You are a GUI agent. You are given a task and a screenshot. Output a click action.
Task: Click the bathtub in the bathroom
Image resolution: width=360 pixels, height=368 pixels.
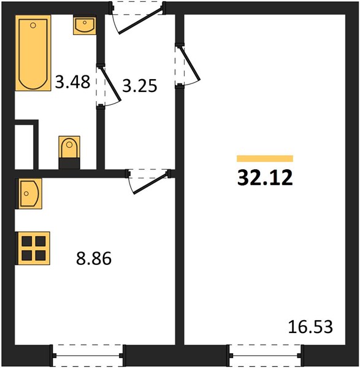(33, 53)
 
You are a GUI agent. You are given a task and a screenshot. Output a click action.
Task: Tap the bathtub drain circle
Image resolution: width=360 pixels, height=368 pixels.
(33, 25)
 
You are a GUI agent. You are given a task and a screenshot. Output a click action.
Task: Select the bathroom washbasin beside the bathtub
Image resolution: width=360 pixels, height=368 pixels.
(85, 25)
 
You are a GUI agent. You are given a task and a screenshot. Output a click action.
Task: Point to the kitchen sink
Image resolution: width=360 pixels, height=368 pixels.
(29, 193)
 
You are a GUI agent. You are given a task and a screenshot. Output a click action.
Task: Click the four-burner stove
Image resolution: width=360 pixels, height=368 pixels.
(33, 248)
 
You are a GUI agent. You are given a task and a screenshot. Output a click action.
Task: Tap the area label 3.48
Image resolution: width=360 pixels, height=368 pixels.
(72, 82)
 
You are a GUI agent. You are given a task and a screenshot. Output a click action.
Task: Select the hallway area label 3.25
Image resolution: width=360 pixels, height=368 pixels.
(140, 85)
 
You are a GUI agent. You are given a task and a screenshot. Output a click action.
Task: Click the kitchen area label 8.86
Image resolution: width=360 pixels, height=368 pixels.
(94, 258)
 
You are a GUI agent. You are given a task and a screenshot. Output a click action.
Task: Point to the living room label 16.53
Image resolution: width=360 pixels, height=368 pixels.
(310, 327)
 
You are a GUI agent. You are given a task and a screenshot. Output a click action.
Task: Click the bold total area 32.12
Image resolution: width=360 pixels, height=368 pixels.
(265, 178)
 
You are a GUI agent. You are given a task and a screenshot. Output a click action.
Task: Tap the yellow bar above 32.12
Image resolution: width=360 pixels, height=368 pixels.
(265, 159)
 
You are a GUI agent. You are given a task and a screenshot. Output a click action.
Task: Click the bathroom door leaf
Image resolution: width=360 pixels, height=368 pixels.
(110, 84)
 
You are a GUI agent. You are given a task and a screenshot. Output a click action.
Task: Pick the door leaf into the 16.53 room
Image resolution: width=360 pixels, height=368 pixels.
(190, 63)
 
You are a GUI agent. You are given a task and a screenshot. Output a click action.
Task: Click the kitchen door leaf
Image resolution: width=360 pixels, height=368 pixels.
(151, 183)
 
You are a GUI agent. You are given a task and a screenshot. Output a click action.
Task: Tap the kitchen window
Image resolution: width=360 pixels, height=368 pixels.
(88, 356)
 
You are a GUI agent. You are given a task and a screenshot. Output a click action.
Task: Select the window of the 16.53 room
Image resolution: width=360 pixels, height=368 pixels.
(266, 356)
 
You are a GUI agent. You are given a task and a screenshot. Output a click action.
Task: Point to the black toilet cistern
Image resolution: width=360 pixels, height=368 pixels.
(69, 163)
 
